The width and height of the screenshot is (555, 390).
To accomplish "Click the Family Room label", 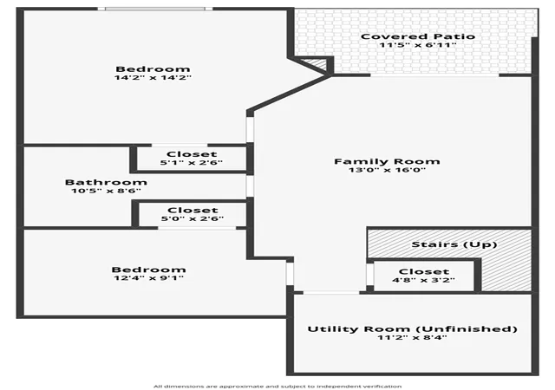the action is (x=387, y=161).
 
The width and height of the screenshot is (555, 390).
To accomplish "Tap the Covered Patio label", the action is (x=418, y=36).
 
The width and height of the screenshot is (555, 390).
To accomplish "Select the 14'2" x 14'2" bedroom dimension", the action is (x=153, y=77).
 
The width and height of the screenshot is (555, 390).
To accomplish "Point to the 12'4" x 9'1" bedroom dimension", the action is (x=148, y=278).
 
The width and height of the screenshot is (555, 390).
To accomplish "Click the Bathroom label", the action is (x=106, y=182).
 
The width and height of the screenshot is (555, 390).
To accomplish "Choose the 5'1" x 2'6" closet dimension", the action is (x=191, y=163).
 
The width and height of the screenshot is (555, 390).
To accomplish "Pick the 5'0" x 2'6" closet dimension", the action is (x=193, y=218).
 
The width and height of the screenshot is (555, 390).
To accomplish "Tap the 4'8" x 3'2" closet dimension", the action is (x=423, y=280).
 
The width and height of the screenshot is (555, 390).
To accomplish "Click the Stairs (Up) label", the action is (x=454, y=244).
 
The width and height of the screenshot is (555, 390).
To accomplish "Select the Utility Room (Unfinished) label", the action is (x=413, y=329).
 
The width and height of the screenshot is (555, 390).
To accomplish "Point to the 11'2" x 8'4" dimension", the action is (x=412, y=337).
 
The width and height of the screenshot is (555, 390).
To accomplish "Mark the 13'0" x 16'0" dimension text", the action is (x=387, y=170).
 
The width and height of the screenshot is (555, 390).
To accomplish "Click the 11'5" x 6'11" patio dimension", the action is (x=418, y=45).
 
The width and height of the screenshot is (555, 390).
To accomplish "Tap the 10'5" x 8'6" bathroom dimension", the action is (x=106, y=191).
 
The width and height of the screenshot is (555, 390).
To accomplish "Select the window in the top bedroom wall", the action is (x=155, y=9).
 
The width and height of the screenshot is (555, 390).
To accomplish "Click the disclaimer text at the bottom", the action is (x=277, y=387).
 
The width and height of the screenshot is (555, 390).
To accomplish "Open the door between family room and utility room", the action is (x=331, y=293).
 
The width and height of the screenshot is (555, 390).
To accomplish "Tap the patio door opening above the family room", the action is (x=434, y=75).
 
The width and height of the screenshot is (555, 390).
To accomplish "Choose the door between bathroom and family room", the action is (x=250, y=186).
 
